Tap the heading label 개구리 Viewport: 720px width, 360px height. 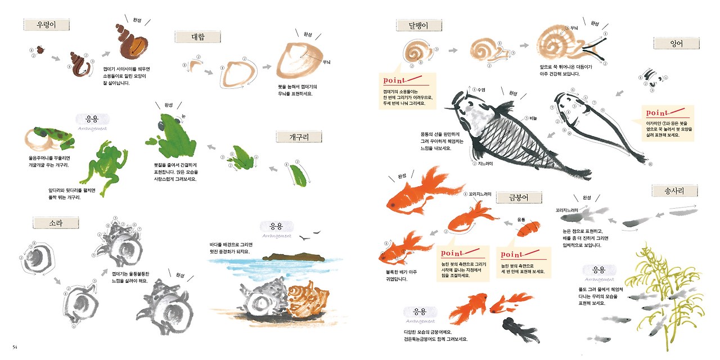(299, 137)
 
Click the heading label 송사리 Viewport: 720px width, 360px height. (675, 191)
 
